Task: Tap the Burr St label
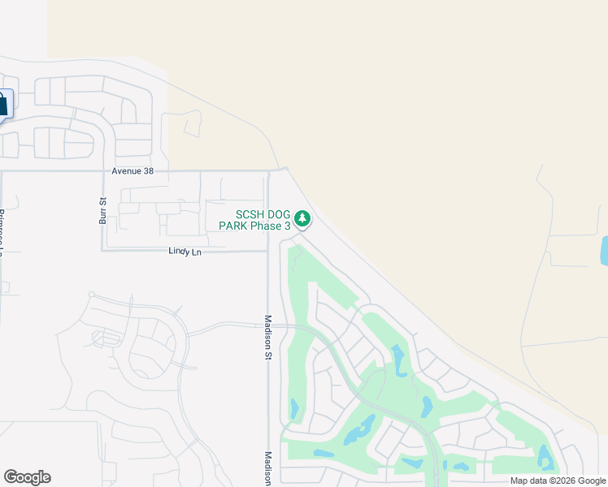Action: click(103, 210)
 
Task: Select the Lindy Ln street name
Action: click(185, 252)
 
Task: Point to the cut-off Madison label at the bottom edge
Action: click(267, 469)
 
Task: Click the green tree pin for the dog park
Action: click(302, 218)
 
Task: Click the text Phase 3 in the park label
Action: click(271, 226)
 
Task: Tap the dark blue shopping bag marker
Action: click(2, 104)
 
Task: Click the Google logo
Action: click(27, 477)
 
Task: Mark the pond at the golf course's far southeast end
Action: click(545, 459)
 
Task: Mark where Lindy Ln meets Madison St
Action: click(267, 251)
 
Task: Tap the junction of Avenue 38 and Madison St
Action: click(268, 171)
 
